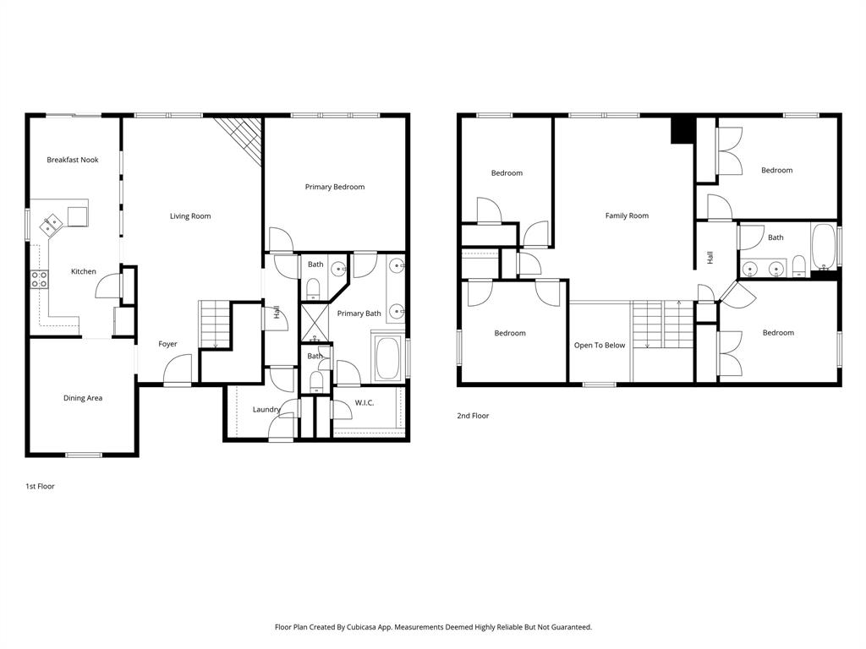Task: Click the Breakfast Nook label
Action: (72, 160)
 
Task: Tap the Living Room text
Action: (190, 216)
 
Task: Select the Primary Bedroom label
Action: (335, 187)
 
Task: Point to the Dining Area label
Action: (83, 398)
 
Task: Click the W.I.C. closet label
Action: (364, 402)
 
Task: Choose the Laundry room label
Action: (266, 410)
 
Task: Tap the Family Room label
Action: (627, 215)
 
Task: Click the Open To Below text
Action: (600, 345)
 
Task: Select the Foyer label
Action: (168, 344)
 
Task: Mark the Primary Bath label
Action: (359, 314)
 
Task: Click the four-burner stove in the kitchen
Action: (39, 279)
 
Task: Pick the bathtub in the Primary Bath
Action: (390, 359)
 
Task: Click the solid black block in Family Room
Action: (682, 130)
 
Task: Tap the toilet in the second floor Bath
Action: (798, 266)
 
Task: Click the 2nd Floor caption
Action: (473, 416)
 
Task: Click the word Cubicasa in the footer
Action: (364, 627)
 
